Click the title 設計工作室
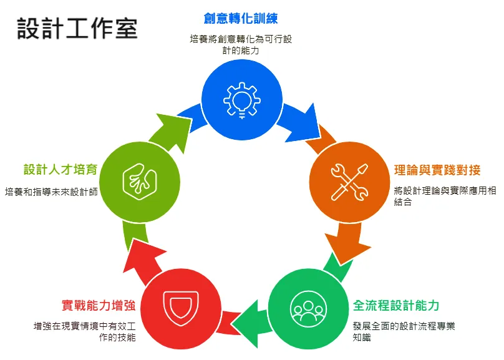point(77,29)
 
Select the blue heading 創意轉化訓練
point(241,18)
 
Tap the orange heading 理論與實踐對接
point(437,170)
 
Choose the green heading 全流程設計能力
point(396,305)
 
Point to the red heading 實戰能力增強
point(99,305)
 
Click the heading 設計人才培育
point(61,169)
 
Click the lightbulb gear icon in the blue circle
point(242,100)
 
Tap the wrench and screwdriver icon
point(350,182)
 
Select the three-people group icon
point(308,309)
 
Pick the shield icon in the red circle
point(181,308)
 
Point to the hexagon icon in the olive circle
point(140,182)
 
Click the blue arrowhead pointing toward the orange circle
point(304,125)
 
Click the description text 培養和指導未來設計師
point(51,192)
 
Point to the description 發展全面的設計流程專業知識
point(404,332)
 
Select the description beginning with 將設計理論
point(445,196)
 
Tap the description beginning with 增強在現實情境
point(85,332)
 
